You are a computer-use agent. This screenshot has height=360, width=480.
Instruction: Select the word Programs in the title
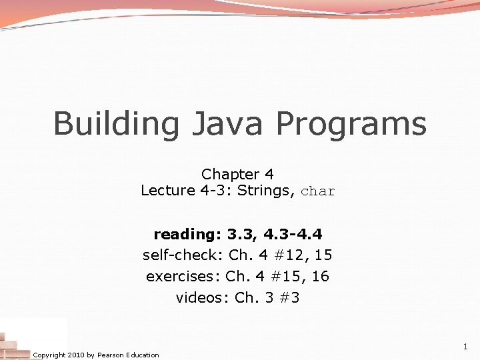(x=351, y=125)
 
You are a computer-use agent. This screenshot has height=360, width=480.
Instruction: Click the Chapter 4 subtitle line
(x=237, y=174)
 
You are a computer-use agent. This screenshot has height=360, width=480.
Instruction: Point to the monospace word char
(x=318, y=192)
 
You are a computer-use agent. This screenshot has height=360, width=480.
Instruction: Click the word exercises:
(x=183, y=276)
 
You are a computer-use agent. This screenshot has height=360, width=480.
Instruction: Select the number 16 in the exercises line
(x=320, y=276)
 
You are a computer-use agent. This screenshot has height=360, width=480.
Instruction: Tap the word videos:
(x=203, y=297)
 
